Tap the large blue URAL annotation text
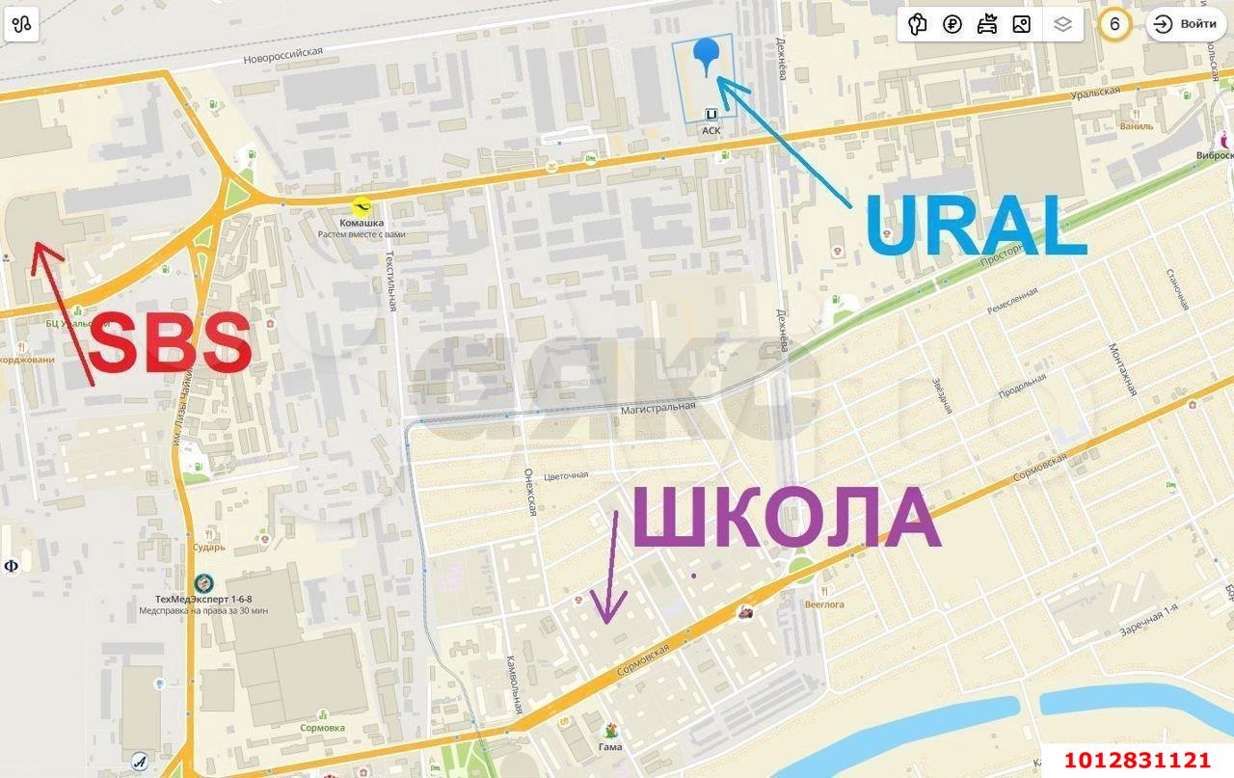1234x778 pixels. (x=976, y=228)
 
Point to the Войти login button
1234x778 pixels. (x=1186, y=24)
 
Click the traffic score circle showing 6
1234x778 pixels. (x=1114, y=24)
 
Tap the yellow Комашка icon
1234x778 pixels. (x=362, y=206)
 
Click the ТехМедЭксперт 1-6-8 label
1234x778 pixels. (x=203, y=598)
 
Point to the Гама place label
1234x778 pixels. (x=609, y=746)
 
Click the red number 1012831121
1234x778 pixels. (x=1137, y=761)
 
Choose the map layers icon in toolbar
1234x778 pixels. (x=1062, y=24)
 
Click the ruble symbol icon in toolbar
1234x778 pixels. (x=952, y=24)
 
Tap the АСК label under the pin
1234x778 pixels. (x=711, y=130)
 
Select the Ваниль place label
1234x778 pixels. (x=1137, y=126)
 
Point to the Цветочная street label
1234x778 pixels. (x=566, y=475)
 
